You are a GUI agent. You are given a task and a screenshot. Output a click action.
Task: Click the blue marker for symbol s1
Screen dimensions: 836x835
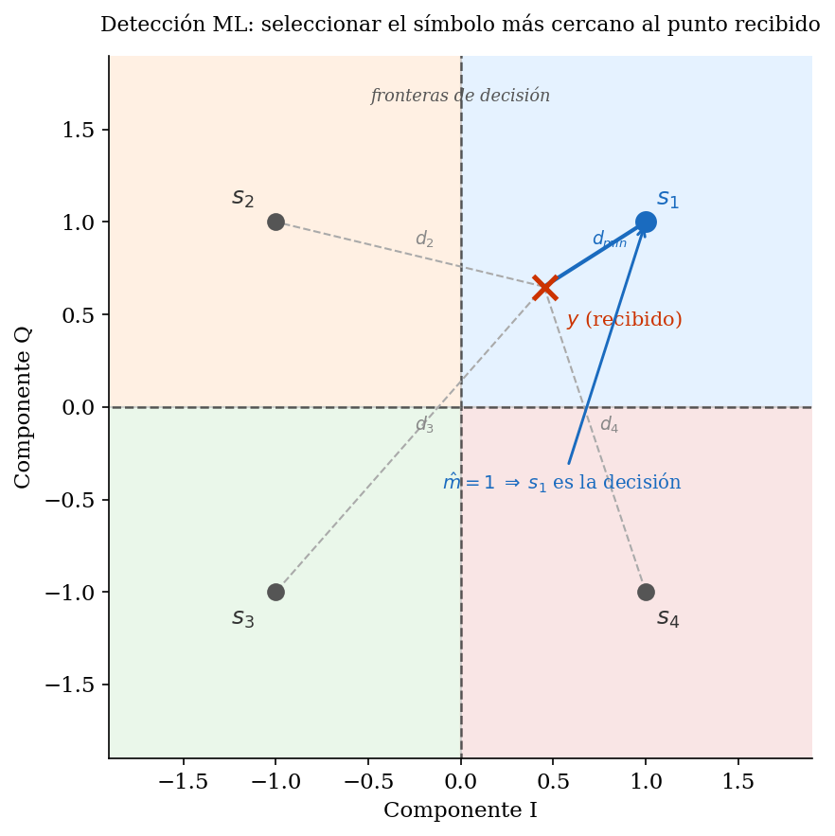click(x=646, y=222)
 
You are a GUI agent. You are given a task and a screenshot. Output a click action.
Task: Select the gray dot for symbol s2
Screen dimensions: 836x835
click(x=275, y=222)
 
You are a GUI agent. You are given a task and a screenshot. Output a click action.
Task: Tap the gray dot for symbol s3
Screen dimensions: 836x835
click(x=275, y=592)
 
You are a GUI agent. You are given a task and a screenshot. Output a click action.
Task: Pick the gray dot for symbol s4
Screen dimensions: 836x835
click(x=646, y=592)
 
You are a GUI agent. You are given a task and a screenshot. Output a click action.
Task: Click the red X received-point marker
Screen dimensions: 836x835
click(x=544, y=287)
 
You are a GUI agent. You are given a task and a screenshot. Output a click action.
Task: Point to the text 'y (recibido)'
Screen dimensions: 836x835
click(x=624, y=320)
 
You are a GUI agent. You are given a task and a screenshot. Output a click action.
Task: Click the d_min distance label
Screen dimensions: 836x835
click(x=609, y=240)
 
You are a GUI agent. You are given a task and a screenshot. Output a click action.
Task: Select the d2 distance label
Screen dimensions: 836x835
click(x=424, y=240)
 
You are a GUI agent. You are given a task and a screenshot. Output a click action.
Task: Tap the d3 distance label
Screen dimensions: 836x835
click(x=424, y=425)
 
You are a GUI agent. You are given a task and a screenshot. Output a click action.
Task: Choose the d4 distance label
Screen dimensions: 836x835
click(x=609, y=425)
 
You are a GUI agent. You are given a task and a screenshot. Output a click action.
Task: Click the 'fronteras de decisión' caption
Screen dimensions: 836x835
click(x=460, y=96)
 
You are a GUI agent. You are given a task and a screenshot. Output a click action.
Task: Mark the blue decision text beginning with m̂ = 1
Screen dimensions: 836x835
click(x=561, y=483)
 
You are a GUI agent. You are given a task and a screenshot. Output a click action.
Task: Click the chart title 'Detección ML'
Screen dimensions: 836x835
click(x=460, y=25)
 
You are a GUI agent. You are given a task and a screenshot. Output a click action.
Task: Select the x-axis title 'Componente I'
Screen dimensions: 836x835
click(x=460, y=810)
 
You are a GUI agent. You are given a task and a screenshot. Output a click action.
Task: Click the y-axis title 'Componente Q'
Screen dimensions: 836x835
click(x=24, y=407)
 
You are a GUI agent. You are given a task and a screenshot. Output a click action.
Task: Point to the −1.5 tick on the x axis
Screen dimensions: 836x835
click(x=183, y=781)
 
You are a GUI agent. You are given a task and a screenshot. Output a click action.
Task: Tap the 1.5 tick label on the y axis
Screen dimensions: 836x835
click(x=78, y=130)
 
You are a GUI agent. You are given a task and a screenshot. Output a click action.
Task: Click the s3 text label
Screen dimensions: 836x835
click(x=243, y=618)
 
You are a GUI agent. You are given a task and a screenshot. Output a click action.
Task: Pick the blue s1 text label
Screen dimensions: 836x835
click(x=667, y=200)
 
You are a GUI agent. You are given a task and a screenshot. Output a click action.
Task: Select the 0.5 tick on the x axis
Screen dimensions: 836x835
click(x=553, y=781)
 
